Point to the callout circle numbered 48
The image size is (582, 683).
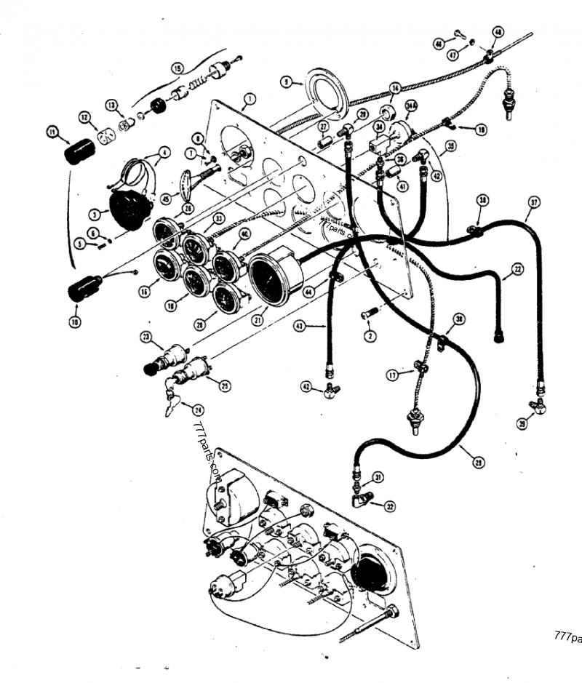click(x=498, y=32)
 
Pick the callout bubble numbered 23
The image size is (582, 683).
click(x=146, y=337)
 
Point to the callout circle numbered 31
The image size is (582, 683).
click(x=377, y=476)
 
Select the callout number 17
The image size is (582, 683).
click(x=392, y=376)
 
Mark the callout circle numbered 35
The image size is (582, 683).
click(x=452, y=146)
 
